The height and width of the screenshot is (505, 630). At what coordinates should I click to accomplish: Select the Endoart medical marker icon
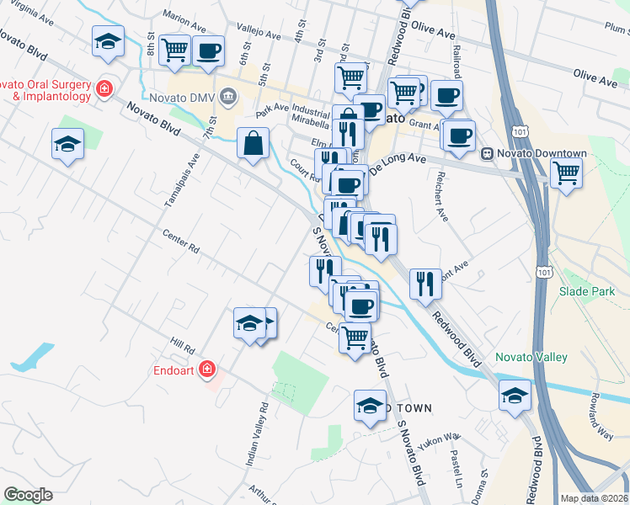pos(207,369)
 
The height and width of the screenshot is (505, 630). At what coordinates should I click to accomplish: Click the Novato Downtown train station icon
pos(487,154)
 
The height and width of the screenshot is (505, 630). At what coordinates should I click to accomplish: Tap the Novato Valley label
pos(531,357)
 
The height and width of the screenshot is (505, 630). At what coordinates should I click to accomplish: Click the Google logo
pos(28,495)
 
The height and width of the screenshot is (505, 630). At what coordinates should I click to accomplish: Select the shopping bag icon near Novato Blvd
pos(253,144)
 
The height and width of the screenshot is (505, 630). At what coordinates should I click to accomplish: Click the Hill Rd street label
pos(182,345)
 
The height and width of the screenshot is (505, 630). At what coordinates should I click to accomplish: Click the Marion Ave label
pos(185,16)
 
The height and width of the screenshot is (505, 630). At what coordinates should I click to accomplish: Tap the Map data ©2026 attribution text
pos(595,498)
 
